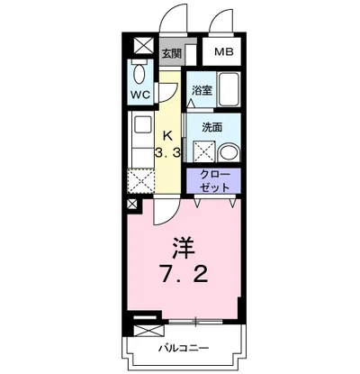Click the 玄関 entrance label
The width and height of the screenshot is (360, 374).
171,52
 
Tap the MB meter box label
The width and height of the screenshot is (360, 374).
223,52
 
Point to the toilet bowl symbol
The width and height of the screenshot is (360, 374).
141,72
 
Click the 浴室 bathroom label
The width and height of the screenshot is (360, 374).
201,90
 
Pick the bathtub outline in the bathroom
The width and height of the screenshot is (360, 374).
229,90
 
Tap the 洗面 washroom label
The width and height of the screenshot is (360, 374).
212,127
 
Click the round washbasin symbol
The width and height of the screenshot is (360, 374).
228,151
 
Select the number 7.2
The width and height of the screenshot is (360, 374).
187,272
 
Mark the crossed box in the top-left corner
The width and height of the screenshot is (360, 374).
141,47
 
